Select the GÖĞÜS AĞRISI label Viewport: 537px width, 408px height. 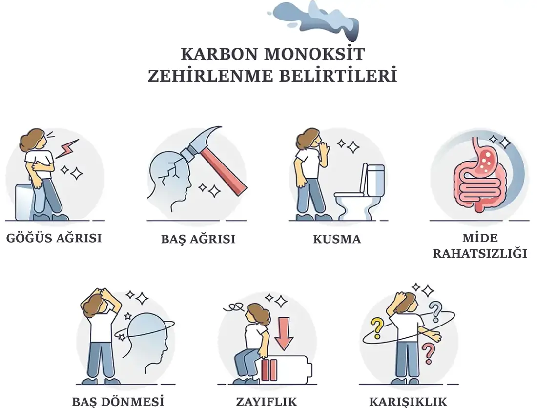(54, 238)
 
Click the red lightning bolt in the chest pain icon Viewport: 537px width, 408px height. (67, 148)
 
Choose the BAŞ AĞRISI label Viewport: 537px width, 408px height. (198, 239)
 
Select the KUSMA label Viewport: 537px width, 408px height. (337, 239)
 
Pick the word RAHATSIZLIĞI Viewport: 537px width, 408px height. (480, 254)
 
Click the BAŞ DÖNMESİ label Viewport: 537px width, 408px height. (118, 401)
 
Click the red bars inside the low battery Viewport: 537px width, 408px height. (269, 370)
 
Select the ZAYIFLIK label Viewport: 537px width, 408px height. (267, 401)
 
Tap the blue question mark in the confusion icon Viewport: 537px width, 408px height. (434, 309)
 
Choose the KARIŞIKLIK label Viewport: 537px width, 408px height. (408, 401)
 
